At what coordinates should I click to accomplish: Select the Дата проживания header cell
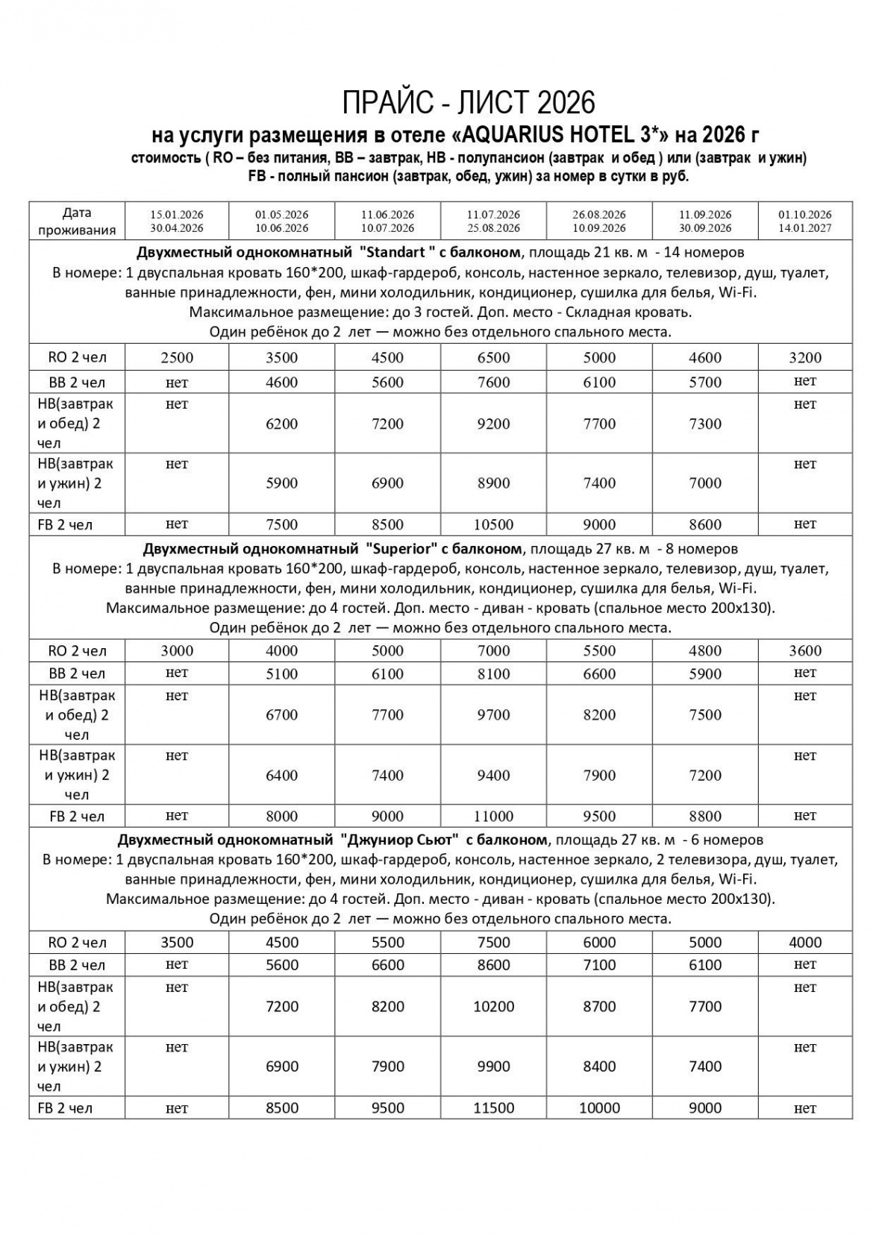(x=77, y=221)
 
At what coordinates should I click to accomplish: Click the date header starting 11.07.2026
(x=493, y=221)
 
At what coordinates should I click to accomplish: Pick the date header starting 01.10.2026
(x=804, y=221)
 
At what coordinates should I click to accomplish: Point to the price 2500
(x=177, y=358)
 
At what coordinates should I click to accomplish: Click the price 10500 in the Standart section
(x=493, y=525)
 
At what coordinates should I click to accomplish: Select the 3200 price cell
(x=804, y=358)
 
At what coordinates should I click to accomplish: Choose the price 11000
(x=493, y=817)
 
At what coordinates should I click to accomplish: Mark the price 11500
(x=493, y=1108)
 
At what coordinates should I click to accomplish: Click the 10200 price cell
(x=493, y=1007)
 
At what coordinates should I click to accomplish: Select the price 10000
(x=599, y=1108)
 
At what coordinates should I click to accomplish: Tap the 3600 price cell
(x=804, y=651)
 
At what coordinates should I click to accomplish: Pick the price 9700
(x=493, y=715)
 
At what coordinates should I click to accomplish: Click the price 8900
(x=493, y=483)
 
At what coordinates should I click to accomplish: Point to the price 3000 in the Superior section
(x=177, y=651)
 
